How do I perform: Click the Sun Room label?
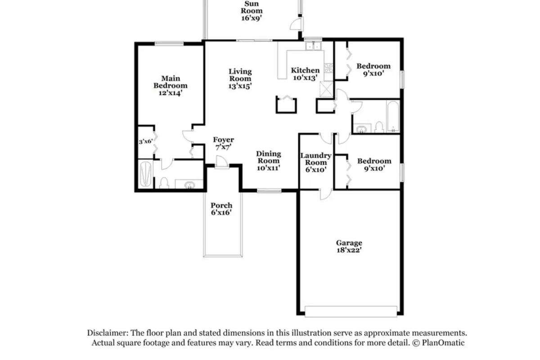[x=252, y=7]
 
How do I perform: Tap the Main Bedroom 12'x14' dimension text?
[x=170, y=93]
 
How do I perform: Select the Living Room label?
[x=240, y=75]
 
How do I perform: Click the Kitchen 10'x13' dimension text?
[x=305, y=78]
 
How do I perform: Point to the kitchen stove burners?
[x=328, y=68]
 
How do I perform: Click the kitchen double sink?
[x=313, y=45]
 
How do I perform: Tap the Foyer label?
[x=223, y=139]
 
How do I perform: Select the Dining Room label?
[x=268, y=157]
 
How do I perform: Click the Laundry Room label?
[x=316, y=159]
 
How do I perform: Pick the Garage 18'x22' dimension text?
[x=349, y=250]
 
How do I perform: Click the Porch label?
[x=221, y=206]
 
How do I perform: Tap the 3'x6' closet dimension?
[x=146, y=142]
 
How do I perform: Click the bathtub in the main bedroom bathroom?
[x=145, y=174]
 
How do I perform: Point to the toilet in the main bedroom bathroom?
[x=164, y=183]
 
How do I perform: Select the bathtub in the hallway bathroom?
[x=393, y=117]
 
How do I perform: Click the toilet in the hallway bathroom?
[x=379, y=127]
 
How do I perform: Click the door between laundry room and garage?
[x=326, y=194]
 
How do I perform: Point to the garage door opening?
[x=351, y=311]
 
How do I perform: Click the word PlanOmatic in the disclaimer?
[x=443, y=342]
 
